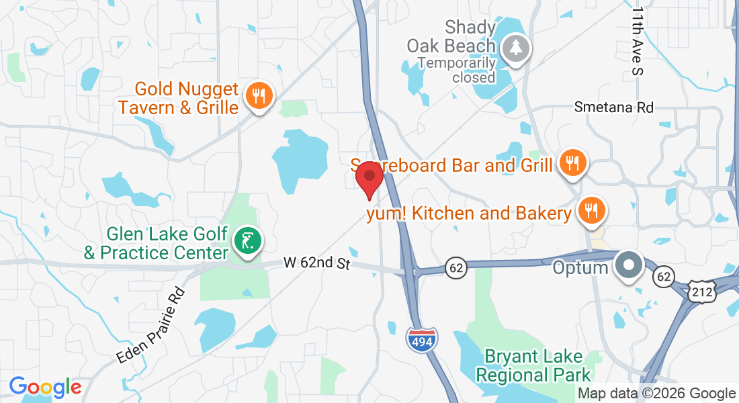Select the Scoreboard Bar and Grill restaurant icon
point(572,163)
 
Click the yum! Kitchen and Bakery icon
point(591,211)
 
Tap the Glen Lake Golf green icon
point(247,240)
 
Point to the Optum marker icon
point(629,265)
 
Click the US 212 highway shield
point(701,289)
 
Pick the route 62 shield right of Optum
point(664,276)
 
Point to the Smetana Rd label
point(613,107)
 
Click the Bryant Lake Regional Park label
point(537,365)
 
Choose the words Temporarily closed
point(457,70)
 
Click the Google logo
point(45,388)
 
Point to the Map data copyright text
point(656,394)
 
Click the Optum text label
point(580,267)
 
